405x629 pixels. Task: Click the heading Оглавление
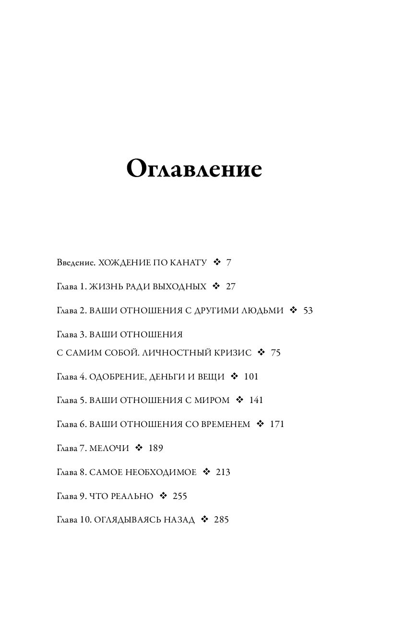(194, 169)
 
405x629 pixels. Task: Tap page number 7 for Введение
(229, 263)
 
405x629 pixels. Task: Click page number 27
(231, 286)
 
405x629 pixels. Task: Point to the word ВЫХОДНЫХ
(179, 287)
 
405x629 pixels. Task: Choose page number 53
(308, 310)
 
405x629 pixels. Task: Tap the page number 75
(276, 353)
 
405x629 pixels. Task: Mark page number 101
(251, 377)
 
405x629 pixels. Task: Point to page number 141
(256, 400)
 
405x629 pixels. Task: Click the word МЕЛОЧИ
(109, 448)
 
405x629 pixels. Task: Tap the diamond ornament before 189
(139, 448)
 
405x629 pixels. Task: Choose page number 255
(179, 496)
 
